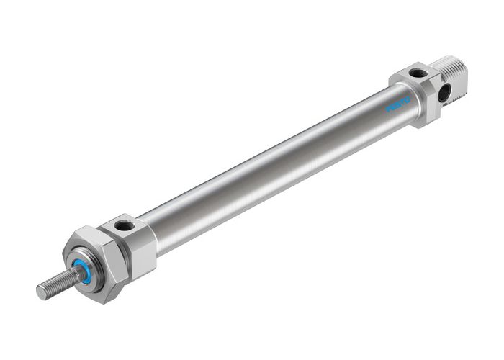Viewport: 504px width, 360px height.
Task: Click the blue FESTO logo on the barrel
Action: (x=398, y=105)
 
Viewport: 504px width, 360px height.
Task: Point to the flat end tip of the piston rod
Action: (x=41, y=292)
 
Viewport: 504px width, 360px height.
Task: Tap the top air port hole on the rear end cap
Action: (x=417, y=72)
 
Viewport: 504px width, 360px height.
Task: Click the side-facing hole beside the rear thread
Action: (x=445, y=91)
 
